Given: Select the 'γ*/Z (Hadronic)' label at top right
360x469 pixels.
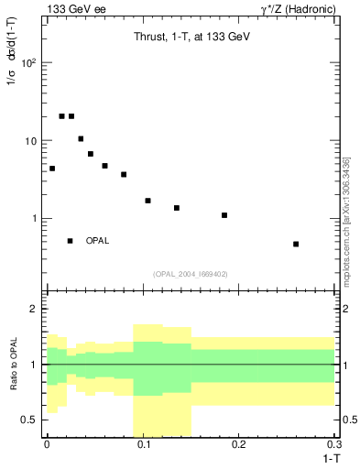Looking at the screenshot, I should [x=295, y=9].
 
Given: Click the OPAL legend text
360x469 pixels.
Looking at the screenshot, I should [x=98, y=241].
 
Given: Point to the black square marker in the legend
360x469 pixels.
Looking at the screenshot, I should [x=71, y=241].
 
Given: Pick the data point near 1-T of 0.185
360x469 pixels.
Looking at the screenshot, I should [x=224, y=215].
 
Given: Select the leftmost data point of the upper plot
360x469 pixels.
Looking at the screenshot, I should [x=52, y=169].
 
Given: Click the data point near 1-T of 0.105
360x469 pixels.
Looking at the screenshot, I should [x=147, y=201].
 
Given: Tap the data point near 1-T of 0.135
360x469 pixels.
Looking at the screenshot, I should [x=177, y=208].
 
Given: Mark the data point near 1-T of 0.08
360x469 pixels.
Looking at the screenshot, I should [x=124, y=174].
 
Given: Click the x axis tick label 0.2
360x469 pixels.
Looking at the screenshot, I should [x=239, y=444].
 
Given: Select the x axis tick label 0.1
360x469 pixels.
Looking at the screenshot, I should [x=143, y=444].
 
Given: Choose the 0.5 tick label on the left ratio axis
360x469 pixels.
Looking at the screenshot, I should [x=30, y=420].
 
